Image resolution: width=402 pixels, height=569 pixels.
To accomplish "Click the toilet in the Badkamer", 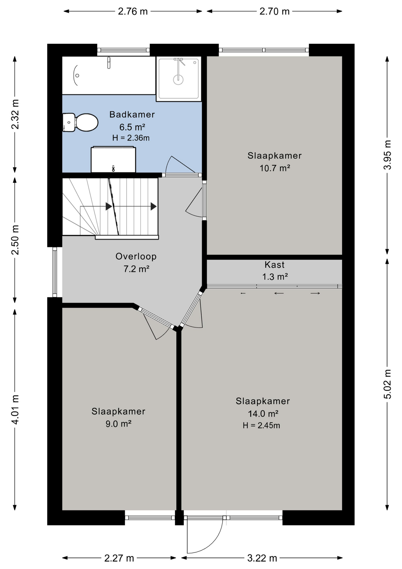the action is [81, 122].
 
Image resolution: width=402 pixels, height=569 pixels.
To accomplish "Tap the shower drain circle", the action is [178, 79].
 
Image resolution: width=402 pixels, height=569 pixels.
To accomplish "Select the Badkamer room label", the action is [132, 114].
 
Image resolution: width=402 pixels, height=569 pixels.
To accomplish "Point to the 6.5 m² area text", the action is [132, 127].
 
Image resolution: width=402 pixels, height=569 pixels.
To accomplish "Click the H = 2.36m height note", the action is [131, 138].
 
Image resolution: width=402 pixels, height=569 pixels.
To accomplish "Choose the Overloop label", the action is [136, 256].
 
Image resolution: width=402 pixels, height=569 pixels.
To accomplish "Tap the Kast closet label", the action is [274, 264].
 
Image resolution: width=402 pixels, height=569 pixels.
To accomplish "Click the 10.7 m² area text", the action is [275, 168].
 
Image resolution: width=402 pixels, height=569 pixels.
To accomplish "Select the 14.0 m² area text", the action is [263, 413].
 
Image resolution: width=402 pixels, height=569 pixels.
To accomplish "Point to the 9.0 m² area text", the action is [118, 424].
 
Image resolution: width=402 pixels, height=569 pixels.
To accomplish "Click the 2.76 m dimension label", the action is [133, 11].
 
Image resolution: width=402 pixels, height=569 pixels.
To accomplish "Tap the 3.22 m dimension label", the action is [262, 558].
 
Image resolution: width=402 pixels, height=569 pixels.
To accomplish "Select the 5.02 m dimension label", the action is [387, 384].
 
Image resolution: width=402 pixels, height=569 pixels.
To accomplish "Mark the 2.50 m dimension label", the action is [15, 240].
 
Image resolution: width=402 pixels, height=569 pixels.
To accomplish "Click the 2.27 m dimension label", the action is [119, 558].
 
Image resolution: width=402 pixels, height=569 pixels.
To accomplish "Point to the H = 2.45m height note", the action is [261, 426].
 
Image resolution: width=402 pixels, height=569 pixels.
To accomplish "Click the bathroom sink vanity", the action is [113, 159].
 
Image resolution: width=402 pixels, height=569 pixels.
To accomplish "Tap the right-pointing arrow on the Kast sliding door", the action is [315, 293].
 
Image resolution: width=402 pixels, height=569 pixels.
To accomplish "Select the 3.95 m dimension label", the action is [387, 155].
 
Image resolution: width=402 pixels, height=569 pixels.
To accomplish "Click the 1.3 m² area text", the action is [275, 277].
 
